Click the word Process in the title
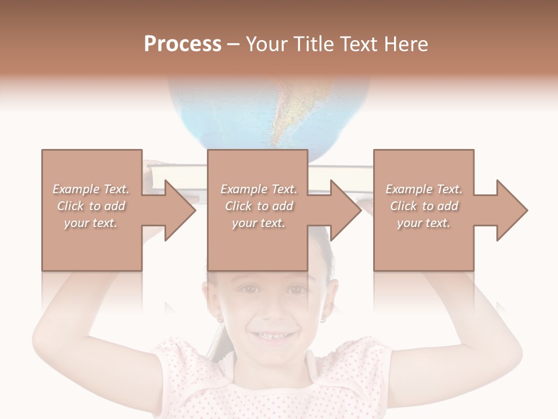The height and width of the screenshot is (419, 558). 183,44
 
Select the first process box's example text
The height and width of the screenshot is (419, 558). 91,206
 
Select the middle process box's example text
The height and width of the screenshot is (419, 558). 258,206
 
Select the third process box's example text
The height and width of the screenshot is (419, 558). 423,206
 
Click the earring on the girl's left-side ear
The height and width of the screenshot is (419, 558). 220,319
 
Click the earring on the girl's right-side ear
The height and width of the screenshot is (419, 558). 323,319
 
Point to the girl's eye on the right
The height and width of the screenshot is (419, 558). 296,289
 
